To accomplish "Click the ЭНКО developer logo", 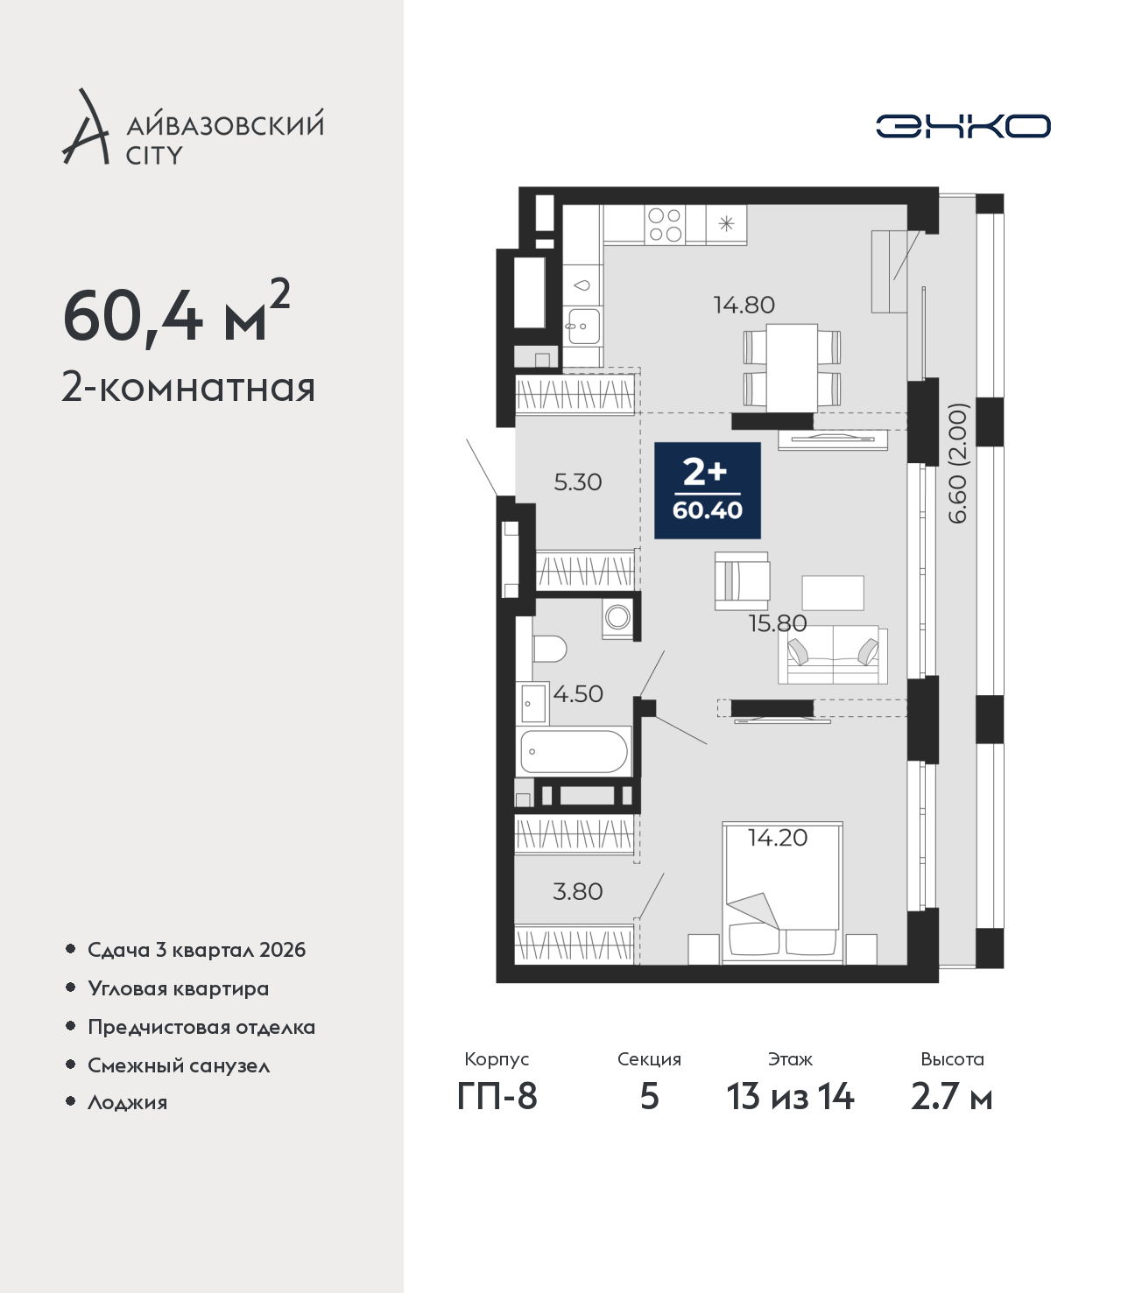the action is (962, 126).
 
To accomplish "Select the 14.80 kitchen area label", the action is (744, 306).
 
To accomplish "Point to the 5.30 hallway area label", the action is (578, 482).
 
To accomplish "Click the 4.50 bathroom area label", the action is (578, 693).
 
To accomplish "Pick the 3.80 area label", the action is (578, 891).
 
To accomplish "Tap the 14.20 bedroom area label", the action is (778, 838).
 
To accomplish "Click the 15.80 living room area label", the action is (778, 623).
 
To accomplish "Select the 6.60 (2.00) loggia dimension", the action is (958, 463).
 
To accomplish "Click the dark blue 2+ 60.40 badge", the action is (708, 490).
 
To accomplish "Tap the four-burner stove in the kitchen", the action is (665, 225).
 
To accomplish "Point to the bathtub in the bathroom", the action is (574, 751).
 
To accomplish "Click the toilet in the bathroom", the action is (549, 649).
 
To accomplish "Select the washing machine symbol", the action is (617, 617).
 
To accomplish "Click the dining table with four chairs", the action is (792, 368).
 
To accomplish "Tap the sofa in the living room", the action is (833, 655).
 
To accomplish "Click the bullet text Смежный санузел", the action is (179, 1065).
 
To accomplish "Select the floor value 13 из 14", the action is (790, 1097).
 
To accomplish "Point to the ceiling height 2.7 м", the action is (951, 1097).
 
